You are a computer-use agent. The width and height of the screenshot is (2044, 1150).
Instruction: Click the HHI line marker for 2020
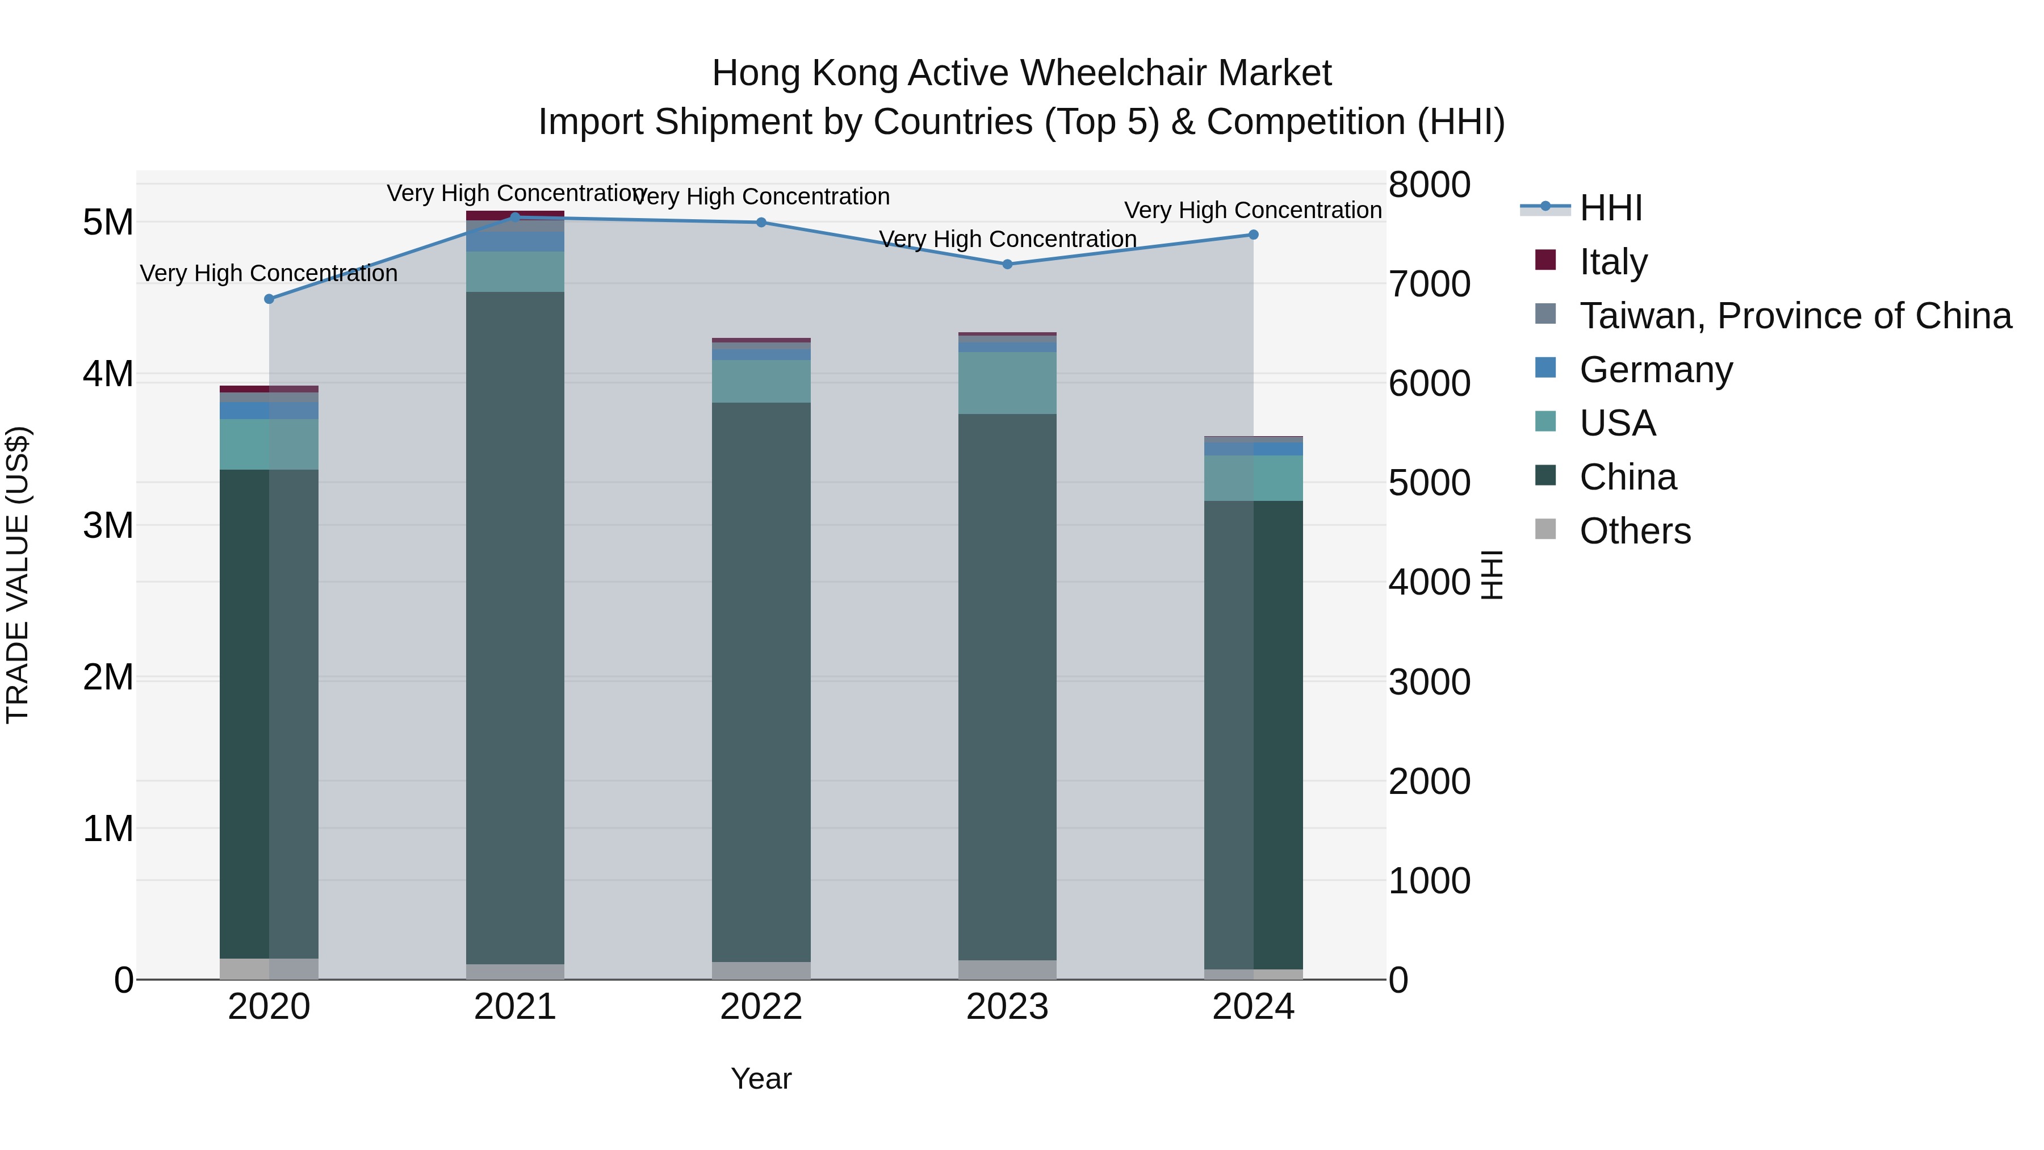click(269, 299)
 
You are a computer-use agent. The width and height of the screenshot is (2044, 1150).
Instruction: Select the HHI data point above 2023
click(1008, 264)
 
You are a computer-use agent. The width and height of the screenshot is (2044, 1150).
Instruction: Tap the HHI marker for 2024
click(1254, 235)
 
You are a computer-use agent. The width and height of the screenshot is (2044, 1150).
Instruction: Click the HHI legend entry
click(1610, 209)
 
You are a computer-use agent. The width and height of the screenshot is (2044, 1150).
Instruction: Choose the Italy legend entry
click(1613, 262)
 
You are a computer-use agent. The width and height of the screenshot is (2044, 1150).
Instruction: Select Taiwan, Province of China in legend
click(1795, 316)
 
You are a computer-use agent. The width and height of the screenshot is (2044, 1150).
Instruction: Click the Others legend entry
click(1635, 531)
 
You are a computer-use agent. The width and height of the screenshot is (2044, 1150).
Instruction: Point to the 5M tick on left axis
click(108, 222)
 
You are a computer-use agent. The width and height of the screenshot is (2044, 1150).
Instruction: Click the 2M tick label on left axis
click(108, 678)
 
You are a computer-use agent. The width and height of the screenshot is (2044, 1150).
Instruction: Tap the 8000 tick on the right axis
click(1429, 185)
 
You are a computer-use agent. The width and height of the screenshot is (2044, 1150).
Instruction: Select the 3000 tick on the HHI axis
click(1429, 681)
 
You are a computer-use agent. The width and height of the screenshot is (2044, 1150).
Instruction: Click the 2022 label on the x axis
click(761, 1007)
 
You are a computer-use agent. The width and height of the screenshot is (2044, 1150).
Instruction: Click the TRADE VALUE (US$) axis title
click(18, 575)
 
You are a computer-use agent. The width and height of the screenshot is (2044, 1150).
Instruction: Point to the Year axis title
click(761, 1078)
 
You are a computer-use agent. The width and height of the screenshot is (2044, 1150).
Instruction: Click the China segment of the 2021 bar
click(515, 627)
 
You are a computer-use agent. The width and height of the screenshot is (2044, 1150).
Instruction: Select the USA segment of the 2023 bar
click(1008, 383)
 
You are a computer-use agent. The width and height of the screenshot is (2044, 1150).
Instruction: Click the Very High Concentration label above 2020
click(269, 273)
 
